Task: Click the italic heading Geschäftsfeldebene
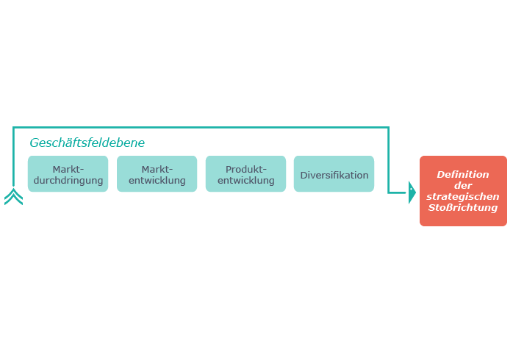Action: [87, 143]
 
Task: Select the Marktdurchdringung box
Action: [68, 173]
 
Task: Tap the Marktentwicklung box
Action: [157, 173]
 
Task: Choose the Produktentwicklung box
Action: [245, 173]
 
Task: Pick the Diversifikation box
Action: [334, 173]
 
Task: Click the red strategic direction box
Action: [463, 191]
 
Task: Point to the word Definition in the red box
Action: [463, 175]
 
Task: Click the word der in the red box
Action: [463, 185]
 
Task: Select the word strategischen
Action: [463, 196]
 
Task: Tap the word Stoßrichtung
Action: [463, 208]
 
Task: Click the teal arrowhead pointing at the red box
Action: [412, 192]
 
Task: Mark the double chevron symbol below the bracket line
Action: [14, 196]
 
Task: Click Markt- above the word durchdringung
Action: [68, 170]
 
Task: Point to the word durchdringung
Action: [68, 181]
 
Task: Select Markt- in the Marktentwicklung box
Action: [157, 170]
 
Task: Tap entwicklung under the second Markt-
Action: [157, 181]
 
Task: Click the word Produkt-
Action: [246, 170]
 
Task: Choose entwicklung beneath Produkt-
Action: [246, 181]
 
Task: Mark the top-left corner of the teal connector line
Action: [13, 127]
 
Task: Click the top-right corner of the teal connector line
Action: [389, 127]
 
